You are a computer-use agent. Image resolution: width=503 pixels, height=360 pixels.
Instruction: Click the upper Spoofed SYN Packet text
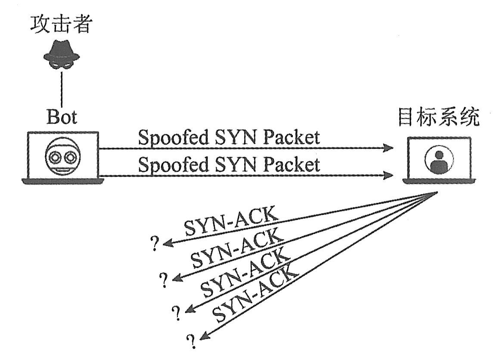[x=229, y=138]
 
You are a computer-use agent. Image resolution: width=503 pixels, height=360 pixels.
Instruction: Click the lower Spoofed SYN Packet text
[x=229, y=165]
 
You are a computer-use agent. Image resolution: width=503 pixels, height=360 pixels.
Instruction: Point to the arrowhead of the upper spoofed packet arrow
[x=389, y=148]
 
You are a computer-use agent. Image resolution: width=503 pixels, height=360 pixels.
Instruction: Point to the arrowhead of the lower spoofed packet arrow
[x=389, y=175]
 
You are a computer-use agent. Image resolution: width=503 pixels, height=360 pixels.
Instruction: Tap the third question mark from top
[x=176, y=313]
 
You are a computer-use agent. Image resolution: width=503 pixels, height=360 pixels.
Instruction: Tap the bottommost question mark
[x=189, y=341]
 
